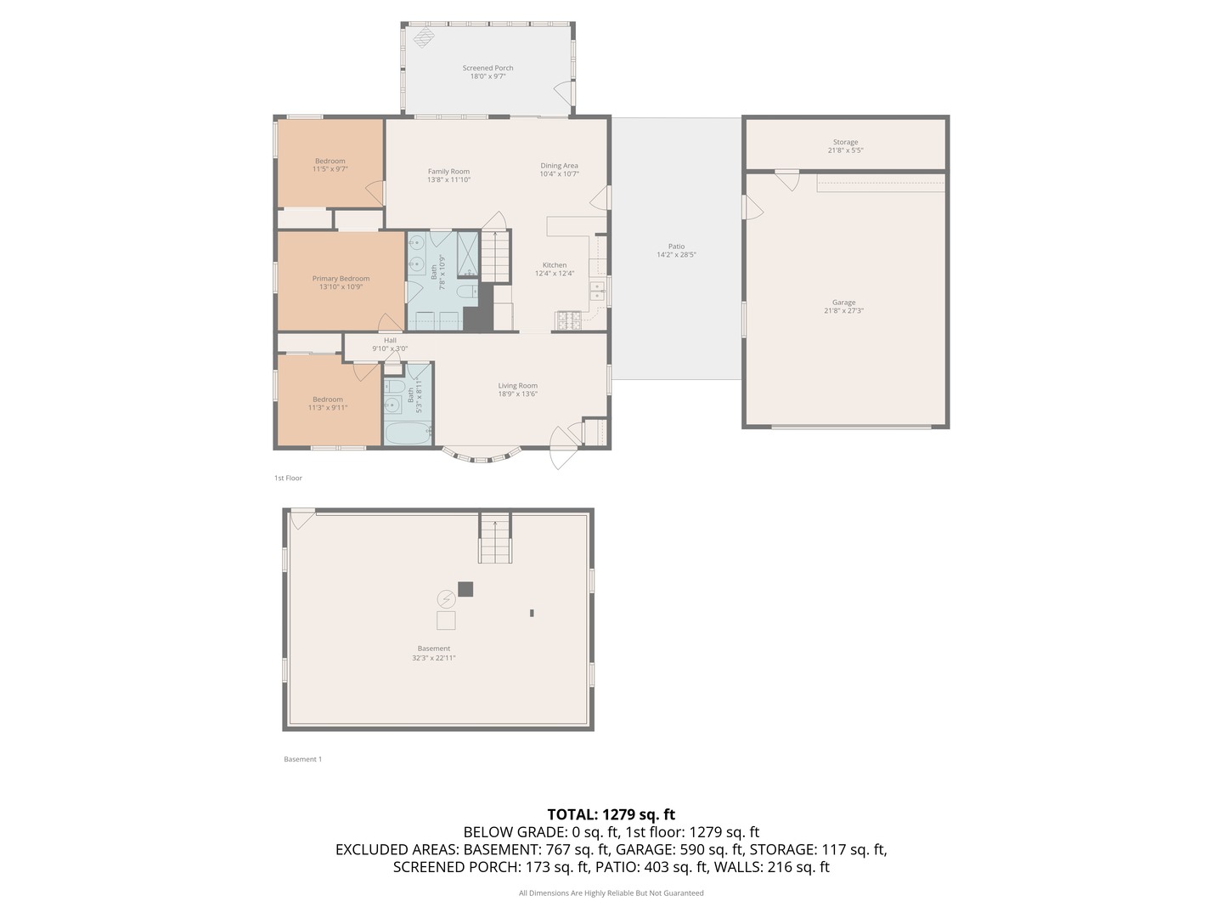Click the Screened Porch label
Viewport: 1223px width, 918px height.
click(x=488, y=68)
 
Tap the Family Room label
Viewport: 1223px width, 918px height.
click(x=448, y=172)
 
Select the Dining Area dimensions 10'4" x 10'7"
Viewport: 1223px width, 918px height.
click(x=559, y=174)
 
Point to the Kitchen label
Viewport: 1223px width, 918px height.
click(x=555, y=265)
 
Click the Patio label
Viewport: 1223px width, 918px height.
click(x=676, y=246)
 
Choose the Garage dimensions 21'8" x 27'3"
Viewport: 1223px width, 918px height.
click(x=844, y=311)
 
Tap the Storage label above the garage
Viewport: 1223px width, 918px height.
click(x=845, y=142)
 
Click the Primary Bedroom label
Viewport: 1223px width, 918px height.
click(x=341, y=279)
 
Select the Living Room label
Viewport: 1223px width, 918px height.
click(x=517, y=386)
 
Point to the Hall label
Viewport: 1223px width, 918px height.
click(x=390, y=340)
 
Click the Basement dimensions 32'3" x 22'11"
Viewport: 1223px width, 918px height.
click(x=434, y=658)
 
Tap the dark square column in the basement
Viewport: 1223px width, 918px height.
click(x=465, y=589)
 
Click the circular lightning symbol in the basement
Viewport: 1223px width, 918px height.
click(x=446, y=599)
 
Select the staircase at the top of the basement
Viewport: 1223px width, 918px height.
click(x=495, y=539)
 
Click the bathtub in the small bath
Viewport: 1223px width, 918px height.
click(x=408, y=433)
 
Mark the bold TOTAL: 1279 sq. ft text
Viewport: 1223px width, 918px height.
click(x=611, y=814)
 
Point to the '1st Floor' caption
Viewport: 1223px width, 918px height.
click(x=288, y=478)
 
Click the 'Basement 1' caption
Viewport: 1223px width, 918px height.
click(x=302, y=759)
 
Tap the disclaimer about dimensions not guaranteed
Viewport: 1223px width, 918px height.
click(x=611, y=892)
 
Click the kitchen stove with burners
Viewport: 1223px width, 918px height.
click(x=568, y=320)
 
